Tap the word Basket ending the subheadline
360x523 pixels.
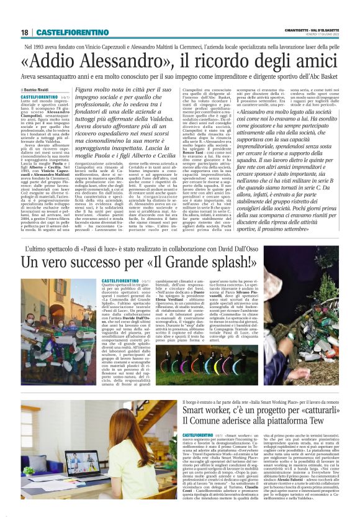point(324,76)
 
